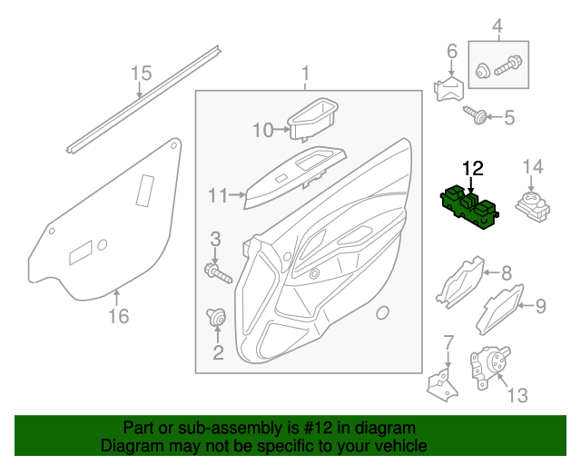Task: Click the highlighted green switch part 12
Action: [x=468, y=208]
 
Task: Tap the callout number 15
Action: [x=140, y=73]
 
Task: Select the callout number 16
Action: [x=118, y=316]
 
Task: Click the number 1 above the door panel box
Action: [x=306, y=73]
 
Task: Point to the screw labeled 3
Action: [x=217, y=270]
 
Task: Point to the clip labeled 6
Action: [x=450, y=89]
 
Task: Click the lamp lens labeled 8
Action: [x=460, y=281]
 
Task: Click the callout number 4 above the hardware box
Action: [x=497, y=25]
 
